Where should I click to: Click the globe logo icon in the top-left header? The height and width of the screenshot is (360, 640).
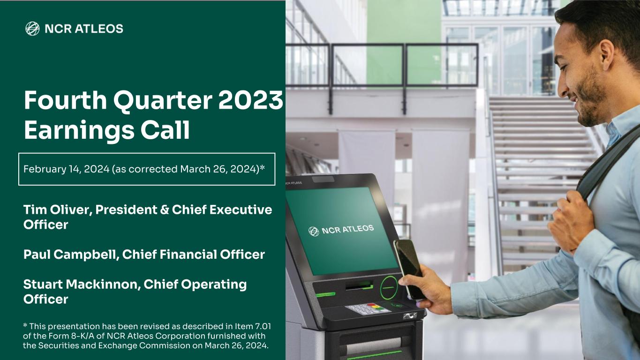32,29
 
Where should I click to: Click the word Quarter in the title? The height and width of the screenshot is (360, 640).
163,101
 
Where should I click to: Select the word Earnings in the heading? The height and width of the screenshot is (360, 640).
79,130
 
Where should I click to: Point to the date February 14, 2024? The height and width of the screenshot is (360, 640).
66,169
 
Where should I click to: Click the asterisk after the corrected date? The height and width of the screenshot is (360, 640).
262,167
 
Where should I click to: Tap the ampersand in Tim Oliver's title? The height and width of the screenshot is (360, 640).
164,210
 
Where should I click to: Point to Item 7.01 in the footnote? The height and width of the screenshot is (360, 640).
253,326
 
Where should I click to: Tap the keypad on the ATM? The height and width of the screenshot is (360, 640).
368,309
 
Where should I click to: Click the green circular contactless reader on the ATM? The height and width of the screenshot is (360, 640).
389,287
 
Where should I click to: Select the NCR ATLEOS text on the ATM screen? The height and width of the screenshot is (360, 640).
347,229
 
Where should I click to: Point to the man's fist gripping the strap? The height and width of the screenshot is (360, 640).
570,221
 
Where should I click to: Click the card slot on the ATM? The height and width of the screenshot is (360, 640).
359,285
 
